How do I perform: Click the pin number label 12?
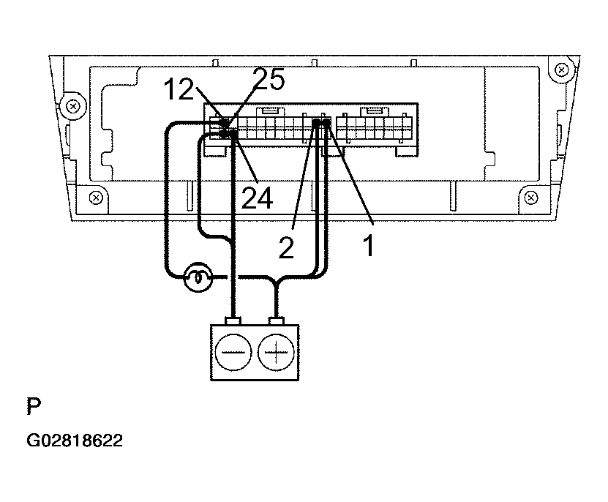pyautogui.click(x=179, y=89)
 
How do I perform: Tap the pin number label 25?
pyautogui.click(x=269, y=79)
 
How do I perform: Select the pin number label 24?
pyautogui.click(x=257, y=198)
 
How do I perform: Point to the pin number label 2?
pyautogui.click(x=286, y=247)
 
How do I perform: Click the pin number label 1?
pyautogui.click(x=369, y=246)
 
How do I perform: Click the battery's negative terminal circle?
pyautogui.click(x=233, y=353)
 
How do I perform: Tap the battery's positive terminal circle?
pyautogui.click(x=276, y=353)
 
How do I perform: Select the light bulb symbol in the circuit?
pyautogui.click(x=198, y=277)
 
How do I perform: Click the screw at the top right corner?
pyautogui.click(x=561, y=70)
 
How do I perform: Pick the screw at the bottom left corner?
pyautogui.click(x=96, y=198)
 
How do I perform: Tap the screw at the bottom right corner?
pyautogui.click(x=531, y=198)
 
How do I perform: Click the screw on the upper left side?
pyautogui.click(x=73, y=106)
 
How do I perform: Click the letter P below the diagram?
pyautogui.click(x=34, y=406)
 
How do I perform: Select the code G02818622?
pyautogui.click(x=75, y=441)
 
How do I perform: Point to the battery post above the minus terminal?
pyautogui.click(x=233, y=321)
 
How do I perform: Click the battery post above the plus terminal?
pyautogui.click(x=276, y=321)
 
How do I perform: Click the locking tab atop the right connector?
pyautogui.click(x=375, y=111)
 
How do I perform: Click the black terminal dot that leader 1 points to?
pyautogui.click(x=326, y=123)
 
